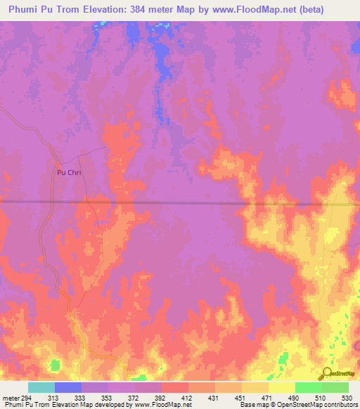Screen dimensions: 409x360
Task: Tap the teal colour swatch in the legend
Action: [x=41, y=387]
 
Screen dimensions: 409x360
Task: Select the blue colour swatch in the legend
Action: [x=68, y=387]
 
